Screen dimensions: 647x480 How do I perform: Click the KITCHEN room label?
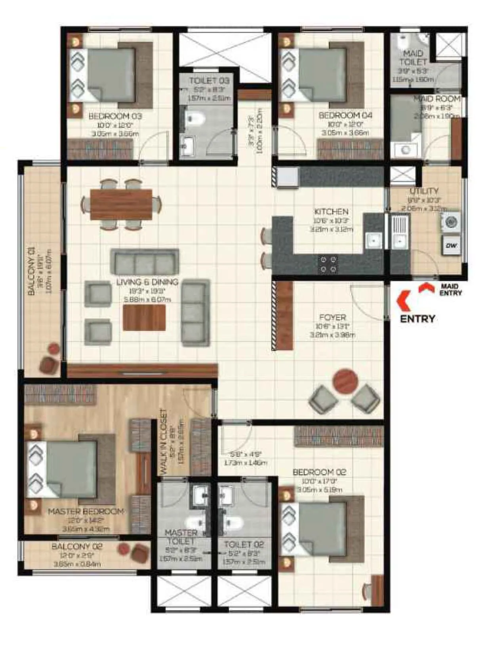tap(331, 212)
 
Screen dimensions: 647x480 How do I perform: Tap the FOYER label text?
tap(332, 317)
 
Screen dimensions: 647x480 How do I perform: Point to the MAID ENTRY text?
tap(450, 290)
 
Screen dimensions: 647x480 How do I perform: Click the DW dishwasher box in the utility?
tap(451, 246)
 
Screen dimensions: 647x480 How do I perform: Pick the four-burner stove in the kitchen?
tap(328, 264)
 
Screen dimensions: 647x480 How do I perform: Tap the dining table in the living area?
tap(121, 204)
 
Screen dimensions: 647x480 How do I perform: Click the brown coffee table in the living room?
tap(144, 317)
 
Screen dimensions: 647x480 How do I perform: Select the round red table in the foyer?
tap(345, 381)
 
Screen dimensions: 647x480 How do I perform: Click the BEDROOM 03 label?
tap(115, 116)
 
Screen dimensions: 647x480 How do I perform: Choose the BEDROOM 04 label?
tap(345, 116)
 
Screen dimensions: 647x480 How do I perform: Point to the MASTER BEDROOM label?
tap(86, 511)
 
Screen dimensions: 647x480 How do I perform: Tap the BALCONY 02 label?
tap(77, 547)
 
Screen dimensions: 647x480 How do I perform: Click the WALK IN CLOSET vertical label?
tap(163, 442)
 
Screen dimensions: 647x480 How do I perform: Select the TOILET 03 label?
tap(209, 81)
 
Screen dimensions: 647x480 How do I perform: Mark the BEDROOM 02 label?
tap(319, 472)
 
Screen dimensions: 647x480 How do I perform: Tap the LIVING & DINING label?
tap(147, 282)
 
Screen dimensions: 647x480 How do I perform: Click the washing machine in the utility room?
tap(451, 222)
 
